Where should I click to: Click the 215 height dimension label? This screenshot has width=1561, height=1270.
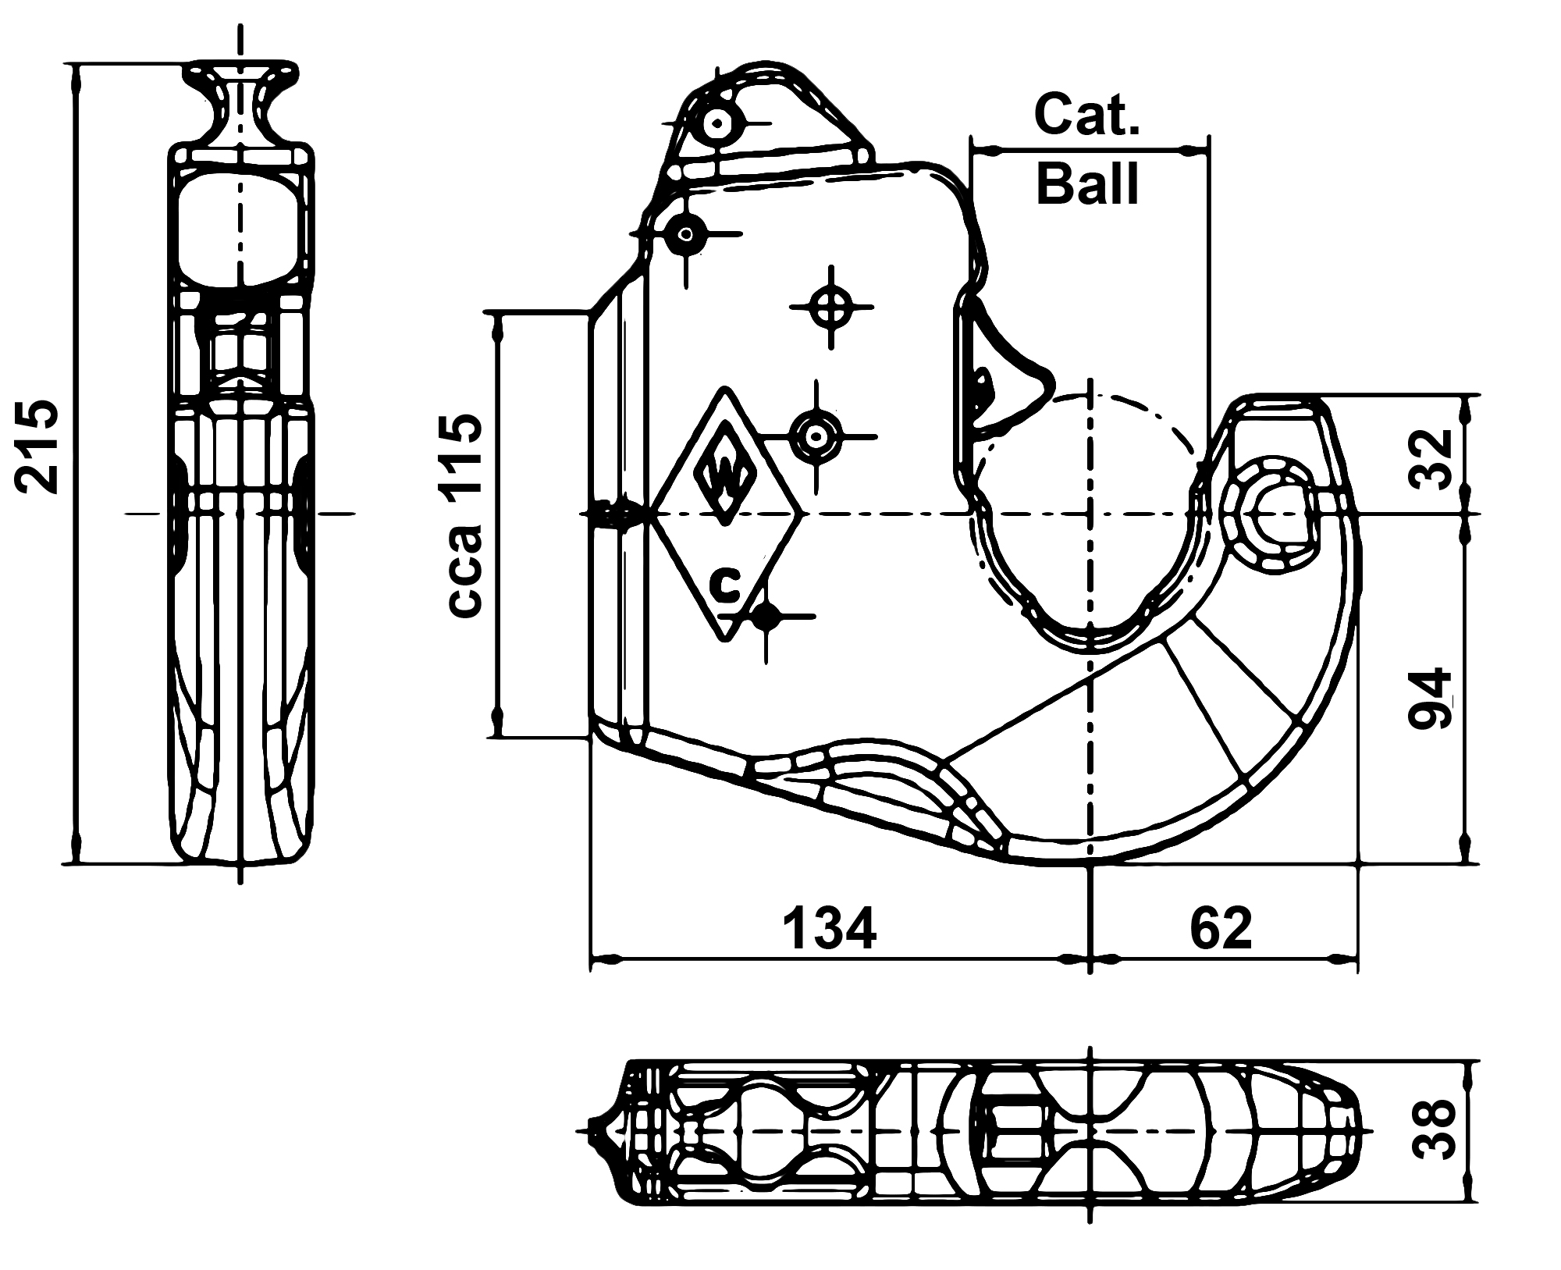click(37, 446)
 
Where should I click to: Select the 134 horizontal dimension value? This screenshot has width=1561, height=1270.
click(830, 928)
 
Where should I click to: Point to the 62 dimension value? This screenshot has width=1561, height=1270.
click(1221, 928)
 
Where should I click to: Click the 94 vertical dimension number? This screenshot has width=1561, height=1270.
click(1429, 698)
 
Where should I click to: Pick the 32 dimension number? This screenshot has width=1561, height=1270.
click(1429, 458)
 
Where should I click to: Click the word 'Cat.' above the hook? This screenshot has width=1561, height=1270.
click(1087, 114)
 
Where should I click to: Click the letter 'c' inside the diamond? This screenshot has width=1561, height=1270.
click(727, 585)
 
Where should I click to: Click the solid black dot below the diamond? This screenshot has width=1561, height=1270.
click(766, 617)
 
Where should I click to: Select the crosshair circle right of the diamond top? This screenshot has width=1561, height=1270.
click(816, 436)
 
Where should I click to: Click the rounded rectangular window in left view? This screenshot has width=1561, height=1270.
click(240, 229)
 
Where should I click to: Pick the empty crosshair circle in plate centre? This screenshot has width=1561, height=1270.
click(832, 308)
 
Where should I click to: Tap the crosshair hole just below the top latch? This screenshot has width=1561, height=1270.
click(687, 233)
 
